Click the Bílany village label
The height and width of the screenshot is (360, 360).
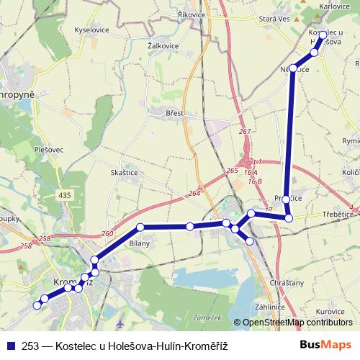click(140, 243)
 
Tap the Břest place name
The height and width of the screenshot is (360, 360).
click(174, 113)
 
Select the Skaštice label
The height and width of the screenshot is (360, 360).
click(124, 174)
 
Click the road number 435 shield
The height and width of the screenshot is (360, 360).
click(65, 195)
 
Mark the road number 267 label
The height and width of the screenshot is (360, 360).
click(245, 132)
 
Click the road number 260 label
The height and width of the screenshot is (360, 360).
click(108, 233)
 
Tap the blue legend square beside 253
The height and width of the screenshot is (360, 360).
click(10, 346)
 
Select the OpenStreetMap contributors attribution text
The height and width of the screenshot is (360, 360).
click(297, 323)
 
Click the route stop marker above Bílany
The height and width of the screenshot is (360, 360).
click(141, 228)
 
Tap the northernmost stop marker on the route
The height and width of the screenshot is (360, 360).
click(322, 35)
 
